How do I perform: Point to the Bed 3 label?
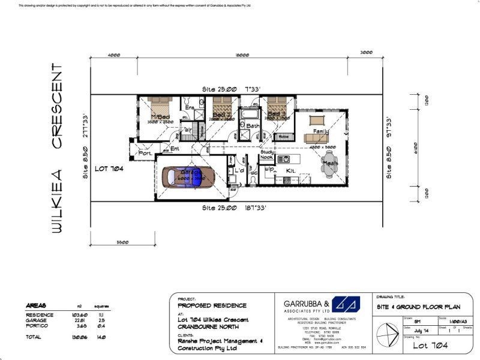[277, 113]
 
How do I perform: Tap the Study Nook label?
[268, 155]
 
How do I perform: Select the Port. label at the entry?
[145, 153]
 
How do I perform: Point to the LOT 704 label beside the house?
[109, 169]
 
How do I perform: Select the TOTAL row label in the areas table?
[34, 338]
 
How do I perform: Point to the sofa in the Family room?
[317, 138]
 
